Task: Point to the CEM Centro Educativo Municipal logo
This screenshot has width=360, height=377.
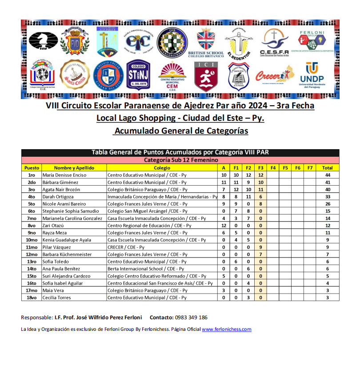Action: coord(172,76)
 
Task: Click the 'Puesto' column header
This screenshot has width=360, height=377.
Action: coord(32,168)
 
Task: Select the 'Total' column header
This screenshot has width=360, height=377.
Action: coord(327,168)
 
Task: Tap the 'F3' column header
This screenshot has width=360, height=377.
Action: coord(261,168)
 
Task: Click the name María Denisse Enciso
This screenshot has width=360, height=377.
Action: coord(64,175)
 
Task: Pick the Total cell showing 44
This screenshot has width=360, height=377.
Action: coord(327,175)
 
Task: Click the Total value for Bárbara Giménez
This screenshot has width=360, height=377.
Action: coord(327,182)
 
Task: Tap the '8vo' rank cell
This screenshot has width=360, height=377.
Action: coord(32,226)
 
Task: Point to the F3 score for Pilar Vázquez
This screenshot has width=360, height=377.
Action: coord(261,247)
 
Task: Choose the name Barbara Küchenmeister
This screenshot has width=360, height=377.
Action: coord(67,254)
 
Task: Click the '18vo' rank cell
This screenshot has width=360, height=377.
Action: coord(32,298)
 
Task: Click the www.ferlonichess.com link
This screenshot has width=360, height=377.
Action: coord(227,329)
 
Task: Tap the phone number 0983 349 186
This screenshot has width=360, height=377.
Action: coord(191,317)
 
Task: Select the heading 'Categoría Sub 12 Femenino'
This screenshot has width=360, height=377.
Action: coord(180,160)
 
